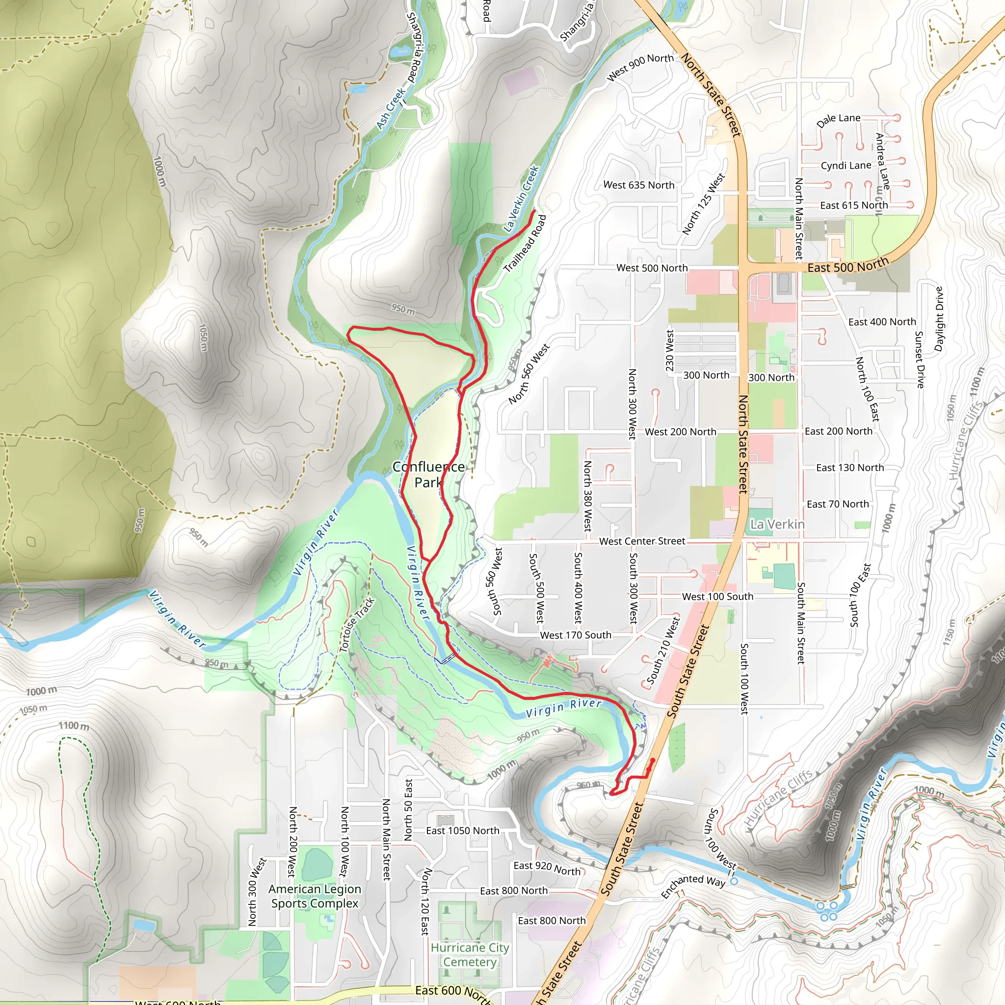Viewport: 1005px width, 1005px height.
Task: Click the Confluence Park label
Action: (x=428, y=475)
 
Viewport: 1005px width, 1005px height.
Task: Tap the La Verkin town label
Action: (x=777, y=525)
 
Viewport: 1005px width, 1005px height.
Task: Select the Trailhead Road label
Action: (x=526, y=243)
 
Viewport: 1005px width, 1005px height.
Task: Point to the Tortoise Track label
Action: (x=357, y=625)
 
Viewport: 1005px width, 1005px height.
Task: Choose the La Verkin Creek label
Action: (x=521, y=199)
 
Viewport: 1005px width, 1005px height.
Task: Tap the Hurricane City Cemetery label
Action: (x=470, y=954)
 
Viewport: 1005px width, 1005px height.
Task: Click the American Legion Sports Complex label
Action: (x=315, y=896)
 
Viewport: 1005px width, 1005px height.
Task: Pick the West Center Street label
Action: (x=642, y=541)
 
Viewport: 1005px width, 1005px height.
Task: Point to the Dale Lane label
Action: (x=838, y=120)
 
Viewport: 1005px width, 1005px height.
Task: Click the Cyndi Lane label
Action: (x=846, y=165)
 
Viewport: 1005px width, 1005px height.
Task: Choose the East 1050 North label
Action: (x=462, y=831)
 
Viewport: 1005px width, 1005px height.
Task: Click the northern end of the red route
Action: (x=535, y=210)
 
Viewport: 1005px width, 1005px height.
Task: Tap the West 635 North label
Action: (x=639, y=185)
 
